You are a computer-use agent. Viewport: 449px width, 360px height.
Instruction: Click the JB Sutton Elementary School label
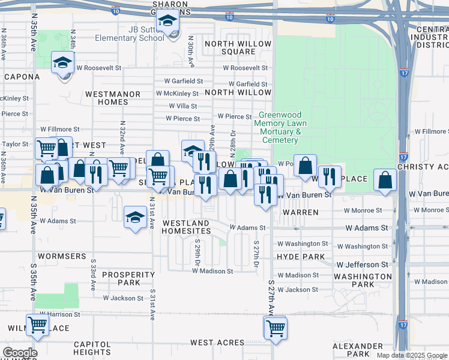pyautogui.click(x=129, y=34)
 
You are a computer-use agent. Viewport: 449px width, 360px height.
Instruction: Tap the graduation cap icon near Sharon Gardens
pyautogui.click(x=168, y=22)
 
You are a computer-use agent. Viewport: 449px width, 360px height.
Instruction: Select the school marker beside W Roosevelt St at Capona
pyautogui.click(x=62, y=64)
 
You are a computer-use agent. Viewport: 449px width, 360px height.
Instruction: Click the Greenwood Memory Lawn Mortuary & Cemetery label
pyautogui.click(x=280, y=127)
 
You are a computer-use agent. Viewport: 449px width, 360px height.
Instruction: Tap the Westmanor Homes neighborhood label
pyautogui.click(x=112, y=98)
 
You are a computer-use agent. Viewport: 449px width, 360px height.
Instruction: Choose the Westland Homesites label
pyautogui.click(x=186, y=227)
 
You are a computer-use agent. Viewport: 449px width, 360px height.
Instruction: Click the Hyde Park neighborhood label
pyautogui.click(x=301, y=257)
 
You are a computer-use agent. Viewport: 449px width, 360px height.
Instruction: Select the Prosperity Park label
pyautogui.click(x=129, y=278)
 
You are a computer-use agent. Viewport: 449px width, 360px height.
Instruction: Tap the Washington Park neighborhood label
pyautogui.click(x=363, y=280)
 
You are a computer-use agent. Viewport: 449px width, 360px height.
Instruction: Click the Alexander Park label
pyautogui.click(x=358, y=350)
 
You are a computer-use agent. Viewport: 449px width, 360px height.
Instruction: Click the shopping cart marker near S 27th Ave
pyautogui.click(x=276, y=328)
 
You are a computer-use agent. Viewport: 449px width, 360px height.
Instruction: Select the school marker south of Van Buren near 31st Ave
pyautogui.click(x=135, y=217)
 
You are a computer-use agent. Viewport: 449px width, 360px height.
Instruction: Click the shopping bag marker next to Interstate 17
pyautogui.click(x=384, y=179)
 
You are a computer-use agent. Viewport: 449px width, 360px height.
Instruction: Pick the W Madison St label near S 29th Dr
pyautogui.click(x=212, y=271)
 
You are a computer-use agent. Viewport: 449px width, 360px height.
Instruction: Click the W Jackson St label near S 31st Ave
pyautogui.click(x=122, y=298)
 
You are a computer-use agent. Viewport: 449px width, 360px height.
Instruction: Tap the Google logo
pyautogui.click(x=20, y=353)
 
